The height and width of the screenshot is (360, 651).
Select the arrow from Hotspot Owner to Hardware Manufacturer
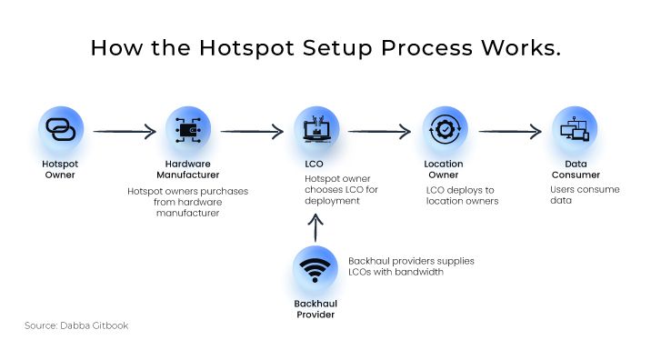coord(125,132)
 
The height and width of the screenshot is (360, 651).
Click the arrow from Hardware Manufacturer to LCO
coord(252,132)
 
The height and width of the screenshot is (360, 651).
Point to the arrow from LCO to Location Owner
coord(379,132)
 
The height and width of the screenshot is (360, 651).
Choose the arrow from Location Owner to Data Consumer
coord(510,132)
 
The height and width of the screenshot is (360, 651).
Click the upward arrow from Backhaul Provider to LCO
coord(315,226)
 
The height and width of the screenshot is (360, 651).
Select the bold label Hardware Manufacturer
coord(189,169)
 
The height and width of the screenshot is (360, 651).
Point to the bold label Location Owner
coord(444,169)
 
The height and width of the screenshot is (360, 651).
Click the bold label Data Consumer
coord(573,169)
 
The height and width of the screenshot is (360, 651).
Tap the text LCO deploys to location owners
coord(462,195)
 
